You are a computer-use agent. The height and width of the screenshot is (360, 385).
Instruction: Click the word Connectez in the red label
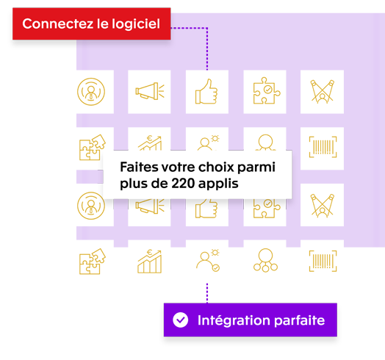(x=58, y=24)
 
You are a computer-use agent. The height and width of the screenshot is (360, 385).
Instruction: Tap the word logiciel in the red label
(x=136, y=24)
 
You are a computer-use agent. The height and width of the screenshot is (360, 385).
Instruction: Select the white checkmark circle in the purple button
(x=181, y=320)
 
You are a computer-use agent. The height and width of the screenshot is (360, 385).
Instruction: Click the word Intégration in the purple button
(x=234, y=320)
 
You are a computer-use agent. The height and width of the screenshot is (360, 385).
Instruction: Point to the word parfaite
(x=299, y=320)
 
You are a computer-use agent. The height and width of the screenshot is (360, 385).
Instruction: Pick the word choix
(x=216, y=167)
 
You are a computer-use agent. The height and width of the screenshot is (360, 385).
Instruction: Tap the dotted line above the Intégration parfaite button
(x=207, y=293)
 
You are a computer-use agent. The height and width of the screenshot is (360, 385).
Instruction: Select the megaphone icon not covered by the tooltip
(x=150, y=91)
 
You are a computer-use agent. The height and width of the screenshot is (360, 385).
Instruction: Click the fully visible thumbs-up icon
(x=206, y=91)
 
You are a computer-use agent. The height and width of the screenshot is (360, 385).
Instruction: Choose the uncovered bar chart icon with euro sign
(x=150, y=262)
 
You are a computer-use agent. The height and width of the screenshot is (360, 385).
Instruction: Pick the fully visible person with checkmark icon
(x=208, y=261)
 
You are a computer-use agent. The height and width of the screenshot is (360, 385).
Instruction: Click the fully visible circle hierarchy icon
(x=265, y=260)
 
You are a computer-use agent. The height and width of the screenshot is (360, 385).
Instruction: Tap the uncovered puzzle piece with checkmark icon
(x=267, y=90)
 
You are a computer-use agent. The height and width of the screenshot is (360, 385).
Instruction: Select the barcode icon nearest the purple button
(x=323, y=261)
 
